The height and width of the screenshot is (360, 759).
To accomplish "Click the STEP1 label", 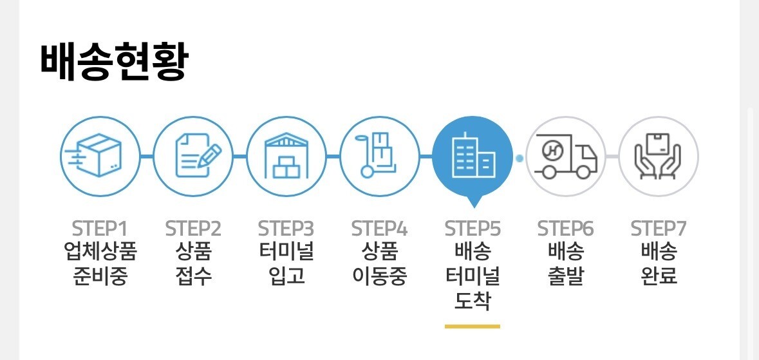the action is click(100, 229).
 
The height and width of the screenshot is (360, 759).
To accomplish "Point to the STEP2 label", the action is click(193, 229).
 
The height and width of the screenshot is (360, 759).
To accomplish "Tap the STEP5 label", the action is click(473, 229).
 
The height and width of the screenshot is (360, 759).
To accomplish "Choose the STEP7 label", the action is click(659, 229).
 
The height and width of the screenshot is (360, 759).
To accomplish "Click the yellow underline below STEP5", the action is click(473, 327).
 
